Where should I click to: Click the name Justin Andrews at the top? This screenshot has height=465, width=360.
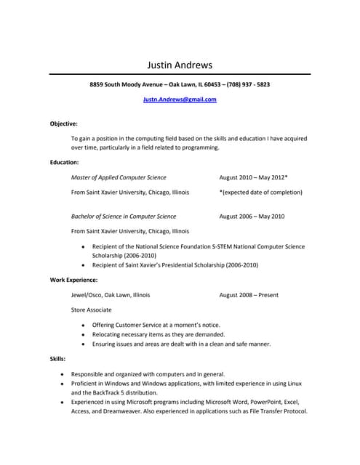click(180, 65)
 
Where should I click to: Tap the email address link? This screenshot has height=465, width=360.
click(180, 100)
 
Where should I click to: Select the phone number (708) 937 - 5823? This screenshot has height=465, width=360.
click(248, 84)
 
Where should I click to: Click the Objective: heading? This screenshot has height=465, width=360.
click(64, 124)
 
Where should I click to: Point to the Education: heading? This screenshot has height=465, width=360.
click(65, 162)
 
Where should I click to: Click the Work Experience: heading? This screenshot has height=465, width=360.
click(73, 280)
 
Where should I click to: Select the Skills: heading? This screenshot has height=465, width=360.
click(57, 358)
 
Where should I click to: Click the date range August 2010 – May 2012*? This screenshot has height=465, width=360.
click(253, 177)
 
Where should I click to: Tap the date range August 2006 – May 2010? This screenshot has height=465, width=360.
click(252, 216)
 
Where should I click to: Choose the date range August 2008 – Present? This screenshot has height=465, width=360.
click(249, 295)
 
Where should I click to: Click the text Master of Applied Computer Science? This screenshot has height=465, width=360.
click(119, 177)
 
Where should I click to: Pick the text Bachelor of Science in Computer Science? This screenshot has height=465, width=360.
click(124, 216)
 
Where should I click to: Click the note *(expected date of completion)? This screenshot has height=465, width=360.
click(260, 192)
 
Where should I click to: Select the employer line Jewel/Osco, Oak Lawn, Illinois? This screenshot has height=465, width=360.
click(111, 295)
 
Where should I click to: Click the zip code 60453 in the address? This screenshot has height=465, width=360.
click(213, 84)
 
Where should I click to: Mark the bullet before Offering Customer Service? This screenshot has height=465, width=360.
click(84, 325)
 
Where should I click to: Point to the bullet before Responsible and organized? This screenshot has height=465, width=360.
click(63, 373)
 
